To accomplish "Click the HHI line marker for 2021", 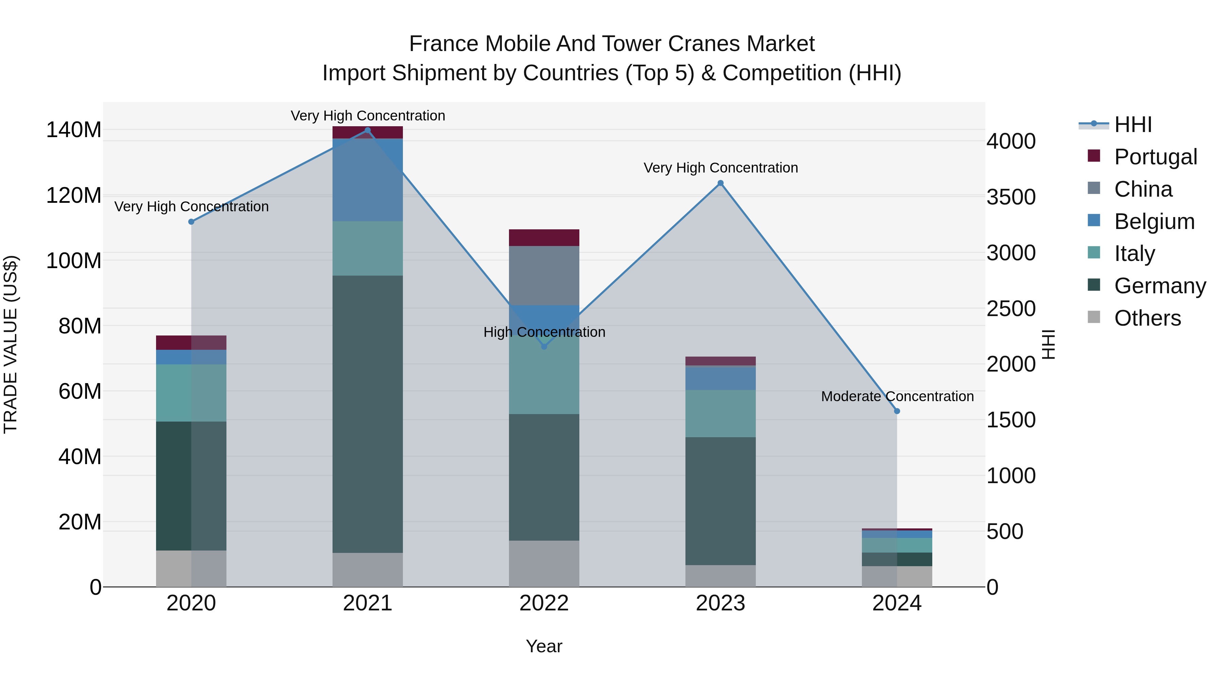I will click(367, 130).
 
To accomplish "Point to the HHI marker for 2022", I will click(544, 347).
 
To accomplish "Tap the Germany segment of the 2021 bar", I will click(367, 414).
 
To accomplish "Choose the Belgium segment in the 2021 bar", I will click(367, 180).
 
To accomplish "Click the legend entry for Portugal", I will click(1155, 157).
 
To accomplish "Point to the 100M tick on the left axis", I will click(74, 261).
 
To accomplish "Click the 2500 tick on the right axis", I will click(1011, 309).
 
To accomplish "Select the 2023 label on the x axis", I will click(720, 603).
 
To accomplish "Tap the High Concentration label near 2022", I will click(544, 332).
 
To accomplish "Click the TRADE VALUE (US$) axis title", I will click(11, 344).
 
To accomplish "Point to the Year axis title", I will click(544, 646).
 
